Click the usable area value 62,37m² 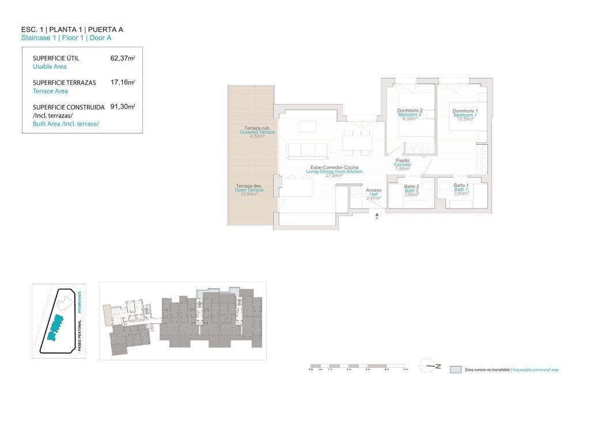[122, 58]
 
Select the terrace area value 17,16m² [122, 82]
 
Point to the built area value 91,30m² [122, 107]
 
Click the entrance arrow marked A [377, 215]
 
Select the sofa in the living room [308, 150]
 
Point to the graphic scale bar [358, 366]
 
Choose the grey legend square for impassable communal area [455, 369]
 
